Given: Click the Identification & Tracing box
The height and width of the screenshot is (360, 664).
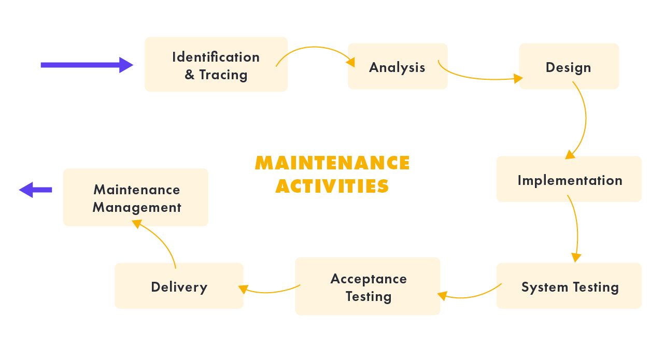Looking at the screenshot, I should tap(216, 64).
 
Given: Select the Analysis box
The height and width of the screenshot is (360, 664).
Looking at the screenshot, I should tap(397, 66).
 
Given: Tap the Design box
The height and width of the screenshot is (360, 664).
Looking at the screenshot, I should tap(569, 66).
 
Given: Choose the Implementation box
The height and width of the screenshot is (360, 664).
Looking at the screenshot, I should tap(569, 179).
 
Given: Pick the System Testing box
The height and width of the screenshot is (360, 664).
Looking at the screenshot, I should tap(569, 286).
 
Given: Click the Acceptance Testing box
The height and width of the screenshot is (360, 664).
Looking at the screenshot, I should tap(368, 286).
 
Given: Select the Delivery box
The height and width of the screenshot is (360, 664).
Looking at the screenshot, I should tap(179, 286).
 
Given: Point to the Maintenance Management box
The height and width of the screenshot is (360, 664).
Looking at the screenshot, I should tap(136, 197).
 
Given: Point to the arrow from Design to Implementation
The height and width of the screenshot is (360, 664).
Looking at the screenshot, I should tap(584, 119).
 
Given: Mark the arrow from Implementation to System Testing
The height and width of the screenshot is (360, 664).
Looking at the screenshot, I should tap(576, 228).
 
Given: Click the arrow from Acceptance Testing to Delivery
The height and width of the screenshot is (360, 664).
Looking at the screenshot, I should tap(270, 291).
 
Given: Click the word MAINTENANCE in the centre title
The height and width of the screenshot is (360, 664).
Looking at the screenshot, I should tap(332, 163).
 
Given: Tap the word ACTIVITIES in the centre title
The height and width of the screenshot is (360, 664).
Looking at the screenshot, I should tap(332, 186).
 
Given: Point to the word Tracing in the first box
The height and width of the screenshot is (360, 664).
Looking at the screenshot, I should tap(223, 75).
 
